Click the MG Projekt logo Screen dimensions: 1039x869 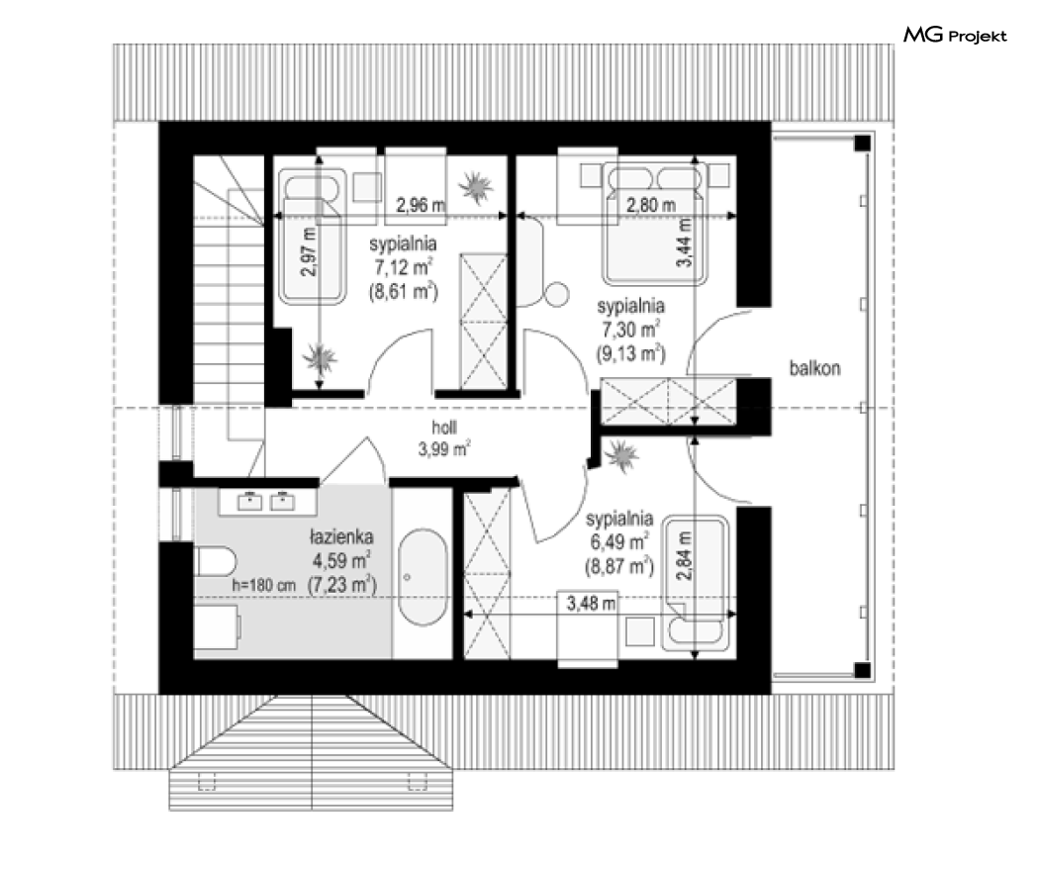(x=955, y=35)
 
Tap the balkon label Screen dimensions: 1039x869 (x=814, y=368)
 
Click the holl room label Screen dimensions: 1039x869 (x=444, y=428)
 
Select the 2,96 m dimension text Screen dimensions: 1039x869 (x=421, y=206)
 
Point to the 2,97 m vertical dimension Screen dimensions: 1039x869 (x=309, y=251)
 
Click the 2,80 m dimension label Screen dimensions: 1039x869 (x=651, y=206)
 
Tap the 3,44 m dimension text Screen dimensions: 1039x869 (x=684, y=242)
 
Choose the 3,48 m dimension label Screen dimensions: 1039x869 (x=591, y=603)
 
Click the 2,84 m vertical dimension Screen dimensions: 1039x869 (x=684, y=555)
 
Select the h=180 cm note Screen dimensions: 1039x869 (x=264, y=586)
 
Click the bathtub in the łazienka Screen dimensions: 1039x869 (x=424, y=577)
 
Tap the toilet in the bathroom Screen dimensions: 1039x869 (x=216, y=562)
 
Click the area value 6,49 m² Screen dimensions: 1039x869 (x=619, y=541)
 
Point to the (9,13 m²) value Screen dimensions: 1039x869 (x=631, y=353)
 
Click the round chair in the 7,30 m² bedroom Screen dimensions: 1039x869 (x=556, y=294)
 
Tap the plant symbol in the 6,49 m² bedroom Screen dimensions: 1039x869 (x=621, y=456)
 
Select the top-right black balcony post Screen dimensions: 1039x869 (x=862, y=143)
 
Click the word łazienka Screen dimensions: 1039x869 (x=342, y=536)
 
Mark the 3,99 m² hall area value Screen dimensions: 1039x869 (x=444, y=449)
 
